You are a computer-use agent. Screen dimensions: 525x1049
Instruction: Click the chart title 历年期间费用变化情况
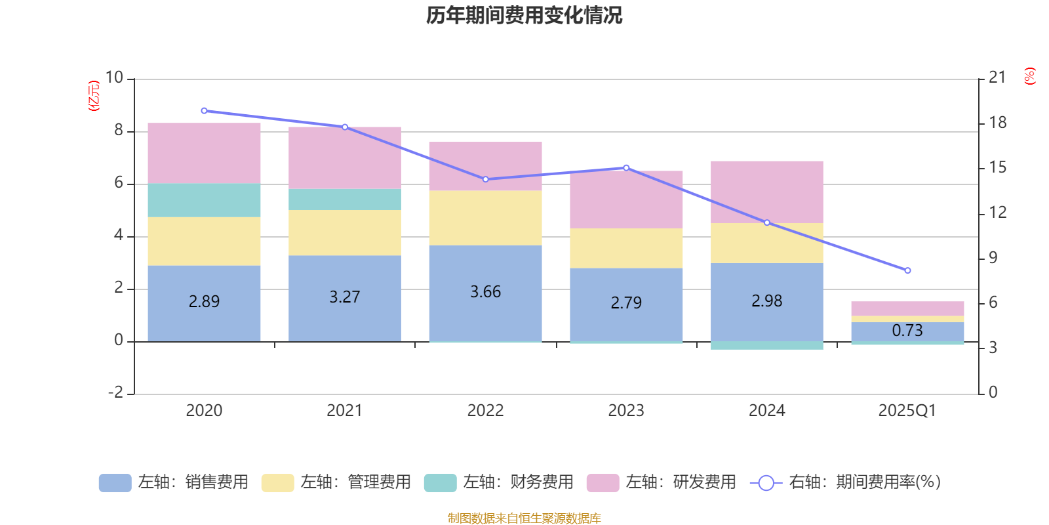[x=524, y=15]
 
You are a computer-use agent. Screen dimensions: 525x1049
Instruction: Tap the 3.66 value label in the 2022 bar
[x=485, y=292]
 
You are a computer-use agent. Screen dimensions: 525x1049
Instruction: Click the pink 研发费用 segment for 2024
[x=766, y=192]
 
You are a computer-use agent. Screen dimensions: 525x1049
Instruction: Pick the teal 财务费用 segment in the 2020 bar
[x=204, y=200]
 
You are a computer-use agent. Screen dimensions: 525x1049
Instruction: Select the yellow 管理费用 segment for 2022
[x=485, y=218]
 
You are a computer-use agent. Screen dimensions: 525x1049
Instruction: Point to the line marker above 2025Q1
[x=907, y=270]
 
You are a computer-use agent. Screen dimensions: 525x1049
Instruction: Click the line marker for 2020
[x=204, y=111]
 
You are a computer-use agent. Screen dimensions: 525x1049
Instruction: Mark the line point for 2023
[x=626, y=168]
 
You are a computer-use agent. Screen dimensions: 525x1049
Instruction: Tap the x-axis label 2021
[x=344, y=411]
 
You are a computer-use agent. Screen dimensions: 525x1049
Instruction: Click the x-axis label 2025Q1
[x=907, y=411]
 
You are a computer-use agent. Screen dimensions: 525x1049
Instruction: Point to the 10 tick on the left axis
[x=114, y=77]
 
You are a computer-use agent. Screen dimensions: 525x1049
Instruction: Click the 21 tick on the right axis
[x=997, y=77]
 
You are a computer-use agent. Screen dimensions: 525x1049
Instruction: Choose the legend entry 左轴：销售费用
[x=174, y=482]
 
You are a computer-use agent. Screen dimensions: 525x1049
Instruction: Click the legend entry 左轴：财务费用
[x=499, y=482]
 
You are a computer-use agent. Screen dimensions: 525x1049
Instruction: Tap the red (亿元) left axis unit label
[x=94, y=96]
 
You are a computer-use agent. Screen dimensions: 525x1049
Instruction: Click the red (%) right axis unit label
[x=1029, y=76]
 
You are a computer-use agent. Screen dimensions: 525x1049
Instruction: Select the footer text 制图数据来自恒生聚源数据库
[x=524, y=518]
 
